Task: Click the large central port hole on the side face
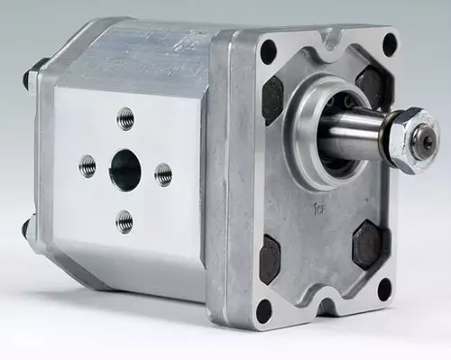pos(125,169)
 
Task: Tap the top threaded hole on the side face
pos(125,118)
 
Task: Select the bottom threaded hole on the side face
pos(124,220)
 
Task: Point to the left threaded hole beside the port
pos(87,165)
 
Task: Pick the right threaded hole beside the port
pos(163,174)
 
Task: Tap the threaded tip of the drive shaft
pos(424,141)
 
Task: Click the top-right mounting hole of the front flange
pos(390,43)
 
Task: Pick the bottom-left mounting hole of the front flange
pos(264,309)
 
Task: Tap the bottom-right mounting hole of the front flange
pos(384,288)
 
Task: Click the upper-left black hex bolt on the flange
pos(272,99)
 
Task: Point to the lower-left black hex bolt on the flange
pos(270,259)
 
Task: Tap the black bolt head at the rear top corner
pos(28,76)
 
